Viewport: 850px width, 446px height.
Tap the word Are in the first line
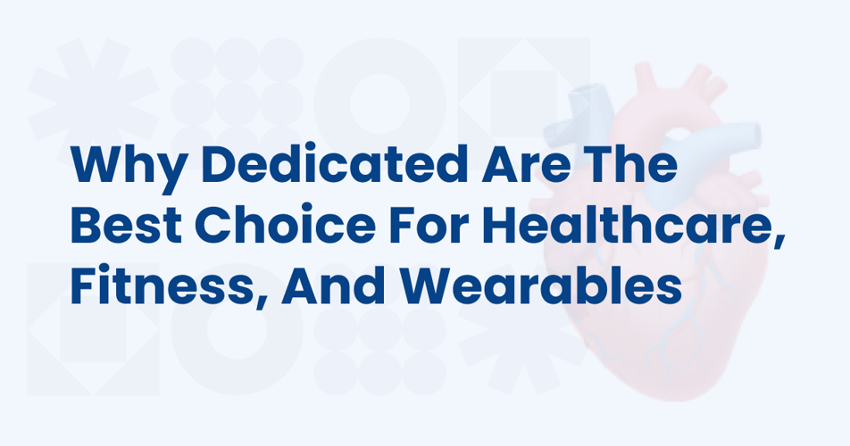click(525, 163)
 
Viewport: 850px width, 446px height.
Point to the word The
click(631, 163)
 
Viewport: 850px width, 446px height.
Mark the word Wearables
click(542, 285)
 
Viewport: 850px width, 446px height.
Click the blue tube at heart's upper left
click(584, 116)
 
